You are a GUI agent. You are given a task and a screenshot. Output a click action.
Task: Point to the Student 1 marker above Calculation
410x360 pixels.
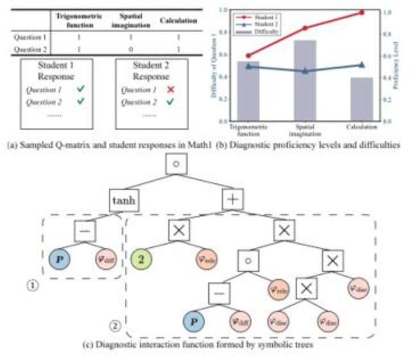click(361, 12)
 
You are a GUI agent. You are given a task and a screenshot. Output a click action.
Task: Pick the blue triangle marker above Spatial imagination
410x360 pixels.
click(305, 70)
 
